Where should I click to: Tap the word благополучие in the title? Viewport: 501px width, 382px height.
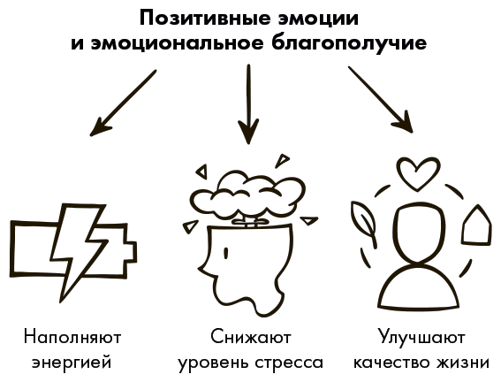(349, 43)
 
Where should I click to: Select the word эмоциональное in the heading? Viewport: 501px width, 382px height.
(178, 44)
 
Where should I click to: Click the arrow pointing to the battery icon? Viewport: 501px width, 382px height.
(123, 103)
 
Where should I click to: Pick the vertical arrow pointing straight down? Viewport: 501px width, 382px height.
(248, 104)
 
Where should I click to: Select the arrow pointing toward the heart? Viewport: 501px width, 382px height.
(381, 99)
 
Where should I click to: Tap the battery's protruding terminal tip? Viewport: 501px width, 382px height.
(131, 253)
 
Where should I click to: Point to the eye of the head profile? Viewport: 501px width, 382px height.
(226, 253)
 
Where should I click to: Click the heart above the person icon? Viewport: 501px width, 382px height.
(418, 174)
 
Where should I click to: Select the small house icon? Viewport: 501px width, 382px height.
(476, 225)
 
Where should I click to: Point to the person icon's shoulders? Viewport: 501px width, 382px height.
(418, 286)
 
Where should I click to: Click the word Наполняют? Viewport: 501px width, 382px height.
(72, 338)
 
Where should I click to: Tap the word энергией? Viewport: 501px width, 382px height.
(72, 363)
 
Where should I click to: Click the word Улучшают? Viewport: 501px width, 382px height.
(421, 337)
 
